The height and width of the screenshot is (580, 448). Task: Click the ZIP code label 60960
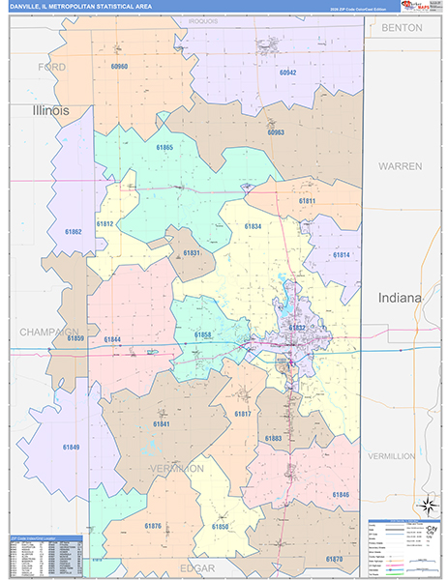point(119,67)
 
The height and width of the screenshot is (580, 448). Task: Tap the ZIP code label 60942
point(287,72)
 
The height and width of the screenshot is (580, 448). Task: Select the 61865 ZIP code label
point(164,148)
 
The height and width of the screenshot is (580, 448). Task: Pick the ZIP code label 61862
point(74,233)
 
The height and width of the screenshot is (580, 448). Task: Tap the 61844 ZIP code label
point(112,339)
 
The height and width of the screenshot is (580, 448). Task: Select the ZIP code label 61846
point(341,494)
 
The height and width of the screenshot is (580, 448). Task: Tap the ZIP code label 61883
point(274,438)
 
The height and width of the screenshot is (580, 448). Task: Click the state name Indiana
point(401,298)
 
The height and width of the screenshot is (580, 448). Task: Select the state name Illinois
point(51,111)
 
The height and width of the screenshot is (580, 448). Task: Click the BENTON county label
point(402,28)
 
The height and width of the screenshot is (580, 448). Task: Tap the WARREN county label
point(400,166)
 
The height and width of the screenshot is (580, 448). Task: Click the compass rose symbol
point(426,506)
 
